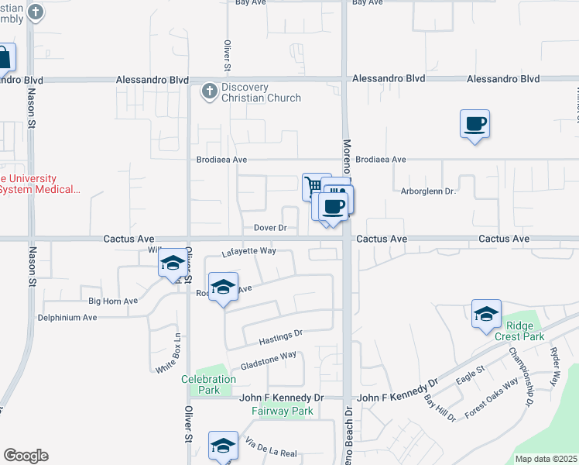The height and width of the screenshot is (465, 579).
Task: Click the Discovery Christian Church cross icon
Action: [x=209, y=92]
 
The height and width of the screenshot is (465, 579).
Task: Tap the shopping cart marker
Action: [x=313, y=186]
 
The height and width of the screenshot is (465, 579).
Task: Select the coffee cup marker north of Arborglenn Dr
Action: [x=475, y=123]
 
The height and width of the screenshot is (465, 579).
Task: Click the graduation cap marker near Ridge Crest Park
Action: [x=486, y=314]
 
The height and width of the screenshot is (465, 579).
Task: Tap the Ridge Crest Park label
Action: [x=526, y=331]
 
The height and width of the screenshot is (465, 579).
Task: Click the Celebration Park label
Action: [x=208, y=384]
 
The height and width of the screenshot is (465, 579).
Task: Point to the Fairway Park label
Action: [x=283, y=411]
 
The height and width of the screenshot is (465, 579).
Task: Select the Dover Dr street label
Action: [x=271, y=229]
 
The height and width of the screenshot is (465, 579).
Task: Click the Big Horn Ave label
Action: [x=113, y=301]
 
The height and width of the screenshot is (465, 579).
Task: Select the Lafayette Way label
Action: [x=249, y=251]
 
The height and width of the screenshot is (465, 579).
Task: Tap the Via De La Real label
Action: [x=271, y=447]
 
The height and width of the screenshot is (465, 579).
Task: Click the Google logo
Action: [x=26, y=456]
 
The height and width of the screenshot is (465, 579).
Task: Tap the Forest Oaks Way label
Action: [x=492, y=399]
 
